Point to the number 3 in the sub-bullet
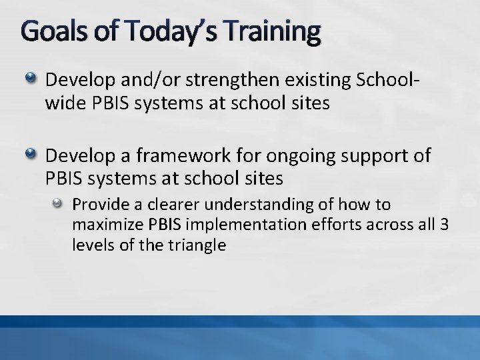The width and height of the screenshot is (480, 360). [x=444, y=225]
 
